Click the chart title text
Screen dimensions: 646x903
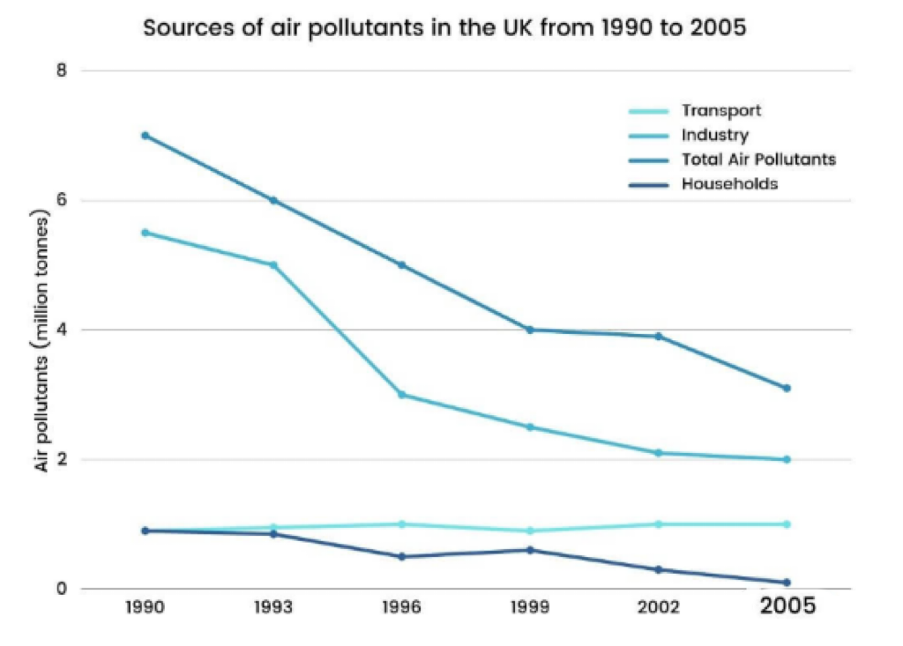[444, 27]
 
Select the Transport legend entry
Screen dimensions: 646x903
[720, 111]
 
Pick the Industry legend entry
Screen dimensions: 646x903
[714, 136]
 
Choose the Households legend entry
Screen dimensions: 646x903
[728, 184]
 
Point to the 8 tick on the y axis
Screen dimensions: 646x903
[62, 71]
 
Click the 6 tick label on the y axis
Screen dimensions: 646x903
[62, 200]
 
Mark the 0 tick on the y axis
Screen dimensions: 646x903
[62, 589]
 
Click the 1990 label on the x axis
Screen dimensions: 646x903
[145, 608]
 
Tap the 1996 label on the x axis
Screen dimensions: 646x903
[401, 608]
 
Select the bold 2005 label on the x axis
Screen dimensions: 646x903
[787, 607]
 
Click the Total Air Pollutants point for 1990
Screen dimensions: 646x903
[145, 136]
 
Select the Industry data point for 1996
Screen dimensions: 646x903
[401, 395]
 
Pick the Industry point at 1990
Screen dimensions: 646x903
[145, 233]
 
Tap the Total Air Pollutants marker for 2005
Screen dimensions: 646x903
[787, 388]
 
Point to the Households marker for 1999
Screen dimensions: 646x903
[530, 550]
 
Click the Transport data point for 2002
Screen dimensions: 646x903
[658, 524]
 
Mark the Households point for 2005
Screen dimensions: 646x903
[787, 583]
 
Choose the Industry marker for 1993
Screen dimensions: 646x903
[273, 264]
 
